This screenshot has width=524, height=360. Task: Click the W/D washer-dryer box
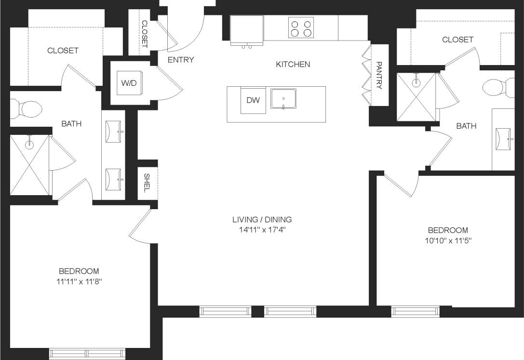pyautogui.click(x=129, y=83)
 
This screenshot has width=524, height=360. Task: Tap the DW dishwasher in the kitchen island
pyautogui.click(x=253, y=100)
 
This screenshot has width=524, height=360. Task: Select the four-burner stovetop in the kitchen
pyautogui.click(x=301, y=27)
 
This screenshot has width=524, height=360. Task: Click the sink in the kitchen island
pyautogui.click(x=283, y=99)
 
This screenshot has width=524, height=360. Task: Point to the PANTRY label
pyautogui.click(x=379, y=75)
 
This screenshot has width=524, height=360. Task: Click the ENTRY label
pyautogui.click(x=180, y=60)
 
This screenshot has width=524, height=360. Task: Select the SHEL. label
pyautogui.click(x=147, y=183)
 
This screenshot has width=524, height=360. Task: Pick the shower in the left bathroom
pyautogui.click(x=30, y=165)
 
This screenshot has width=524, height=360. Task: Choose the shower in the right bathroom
pyautogui.click(x=416, y=97)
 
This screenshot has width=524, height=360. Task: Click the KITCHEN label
pyautogui.click(x=293, y=64)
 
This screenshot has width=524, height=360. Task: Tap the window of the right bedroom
pyautogui.click(x=416, y=311)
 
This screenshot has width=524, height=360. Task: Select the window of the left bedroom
pyautogui.click(x=87, y=353)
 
